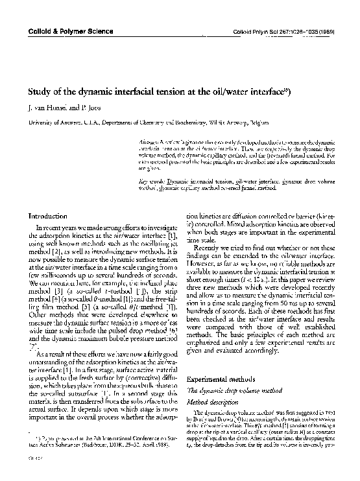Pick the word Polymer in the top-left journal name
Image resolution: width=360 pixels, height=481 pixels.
pyautogui.click(x=73, y=32)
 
